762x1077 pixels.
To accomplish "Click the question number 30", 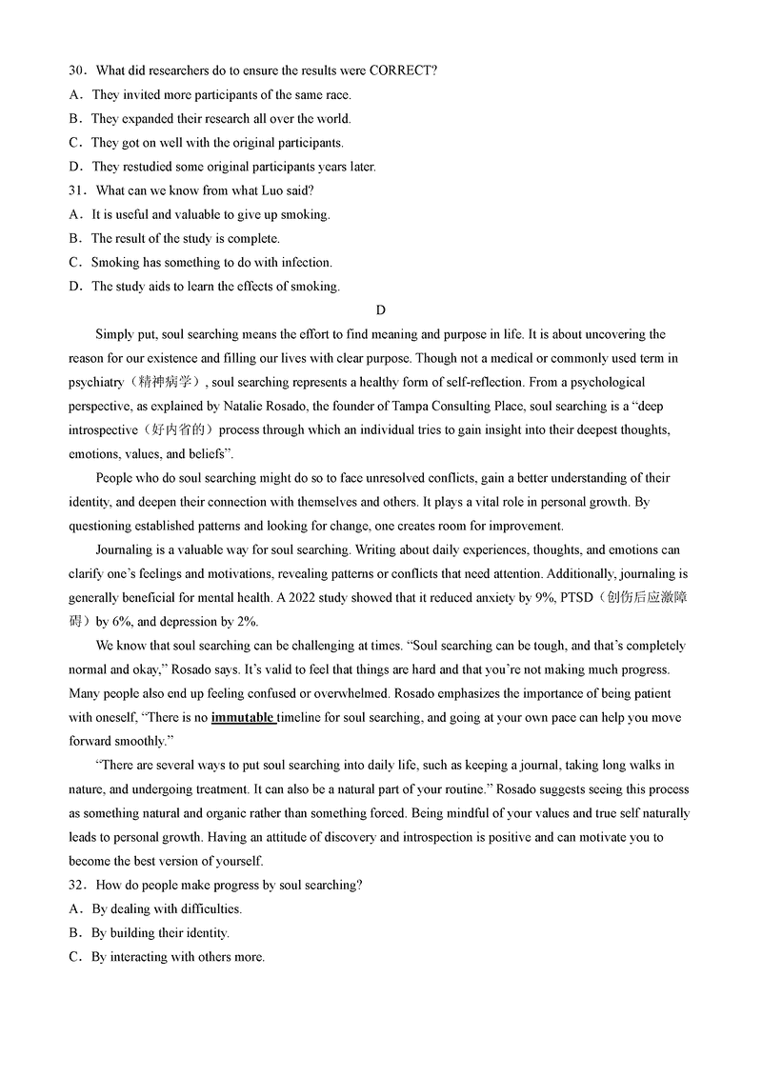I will (x=77, y=71).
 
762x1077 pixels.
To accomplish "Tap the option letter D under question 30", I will (x=74, y=167).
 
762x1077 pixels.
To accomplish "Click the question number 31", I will (x=77, y=190).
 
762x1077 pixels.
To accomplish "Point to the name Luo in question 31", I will (x=257, y=190).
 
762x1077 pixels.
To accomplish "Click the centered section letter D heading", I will (x=381, y=309).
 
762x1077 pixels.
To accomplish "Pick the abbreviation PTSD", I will (x=597, y=598).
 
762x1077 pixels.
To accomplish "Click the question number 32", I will (x=77, y=885).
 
